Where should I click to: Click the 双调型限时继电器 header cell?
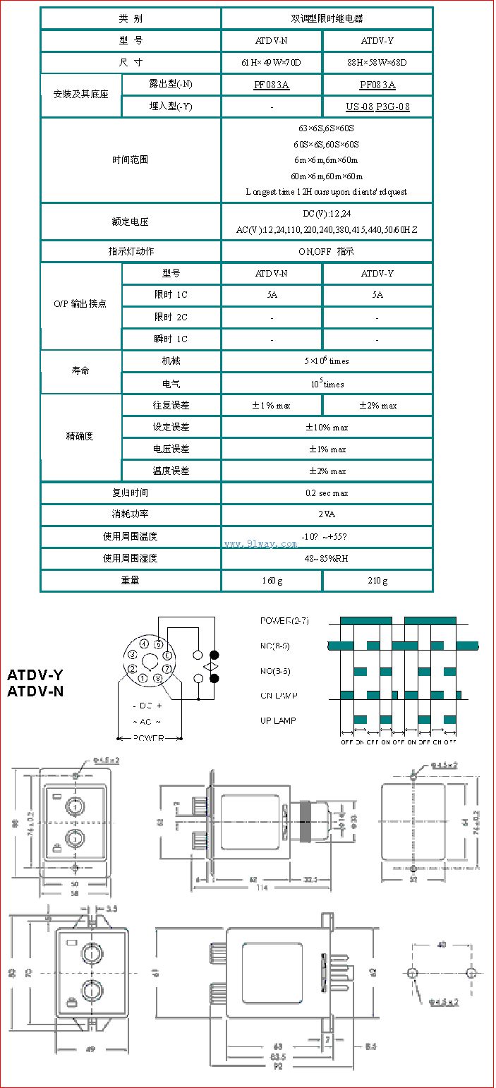tap(326, 18)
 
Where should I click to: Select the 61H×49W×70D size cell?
tap(271, 63)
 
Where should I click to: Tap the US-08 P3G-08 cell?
tap(377, 107)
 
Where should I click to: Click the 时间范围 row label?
tap(131, 160)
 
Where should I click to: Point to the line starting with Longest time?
tap(326, 192)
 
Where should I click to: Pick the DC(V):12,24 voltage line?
tap(326, 214)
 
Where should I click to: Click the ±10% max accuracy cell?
tap(326, 428)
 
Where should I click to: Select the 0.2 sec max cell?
tap(326, 493)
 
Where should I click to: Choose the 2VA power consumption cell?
tap(326, 515)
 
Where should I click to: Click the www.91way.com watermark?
tap(260, 544)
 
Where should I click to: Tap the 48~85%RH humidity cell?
tap(326, 558)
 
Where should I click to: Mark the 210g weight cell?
tap(377, 581)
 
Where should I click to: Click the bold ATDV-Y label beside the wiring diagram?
tap(35, 675)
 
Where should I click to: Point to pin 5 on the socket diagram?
tap(159, 645)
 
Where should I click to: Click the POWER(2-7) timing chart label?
tap(284, 621)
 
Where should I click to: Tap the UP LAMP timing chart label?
tap(278, 720)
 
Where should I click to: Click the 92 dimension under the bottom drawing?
tap(278, 1066)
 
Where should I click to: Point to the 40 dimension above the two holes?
tap(442, 944)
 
